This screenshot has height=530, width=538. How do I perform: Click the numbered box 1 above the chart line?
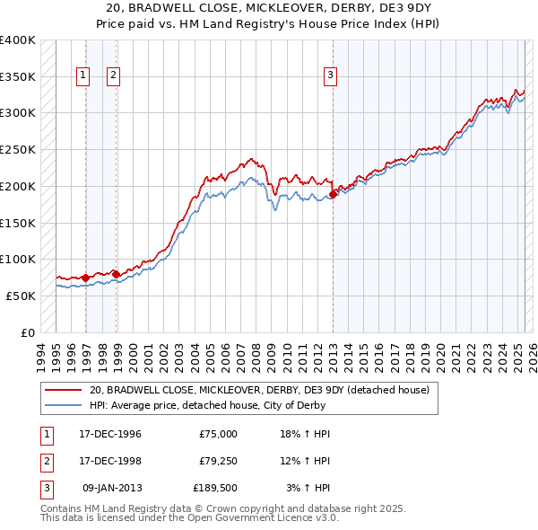pyautogui.click(x=83, y=76)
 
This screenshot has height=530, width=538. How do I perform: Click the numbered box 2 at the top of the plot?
pyautogui.click(x=114, y=76)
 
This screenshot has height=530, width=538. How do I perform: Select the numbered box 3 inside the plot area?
pyautogui.click(x=330, y=76)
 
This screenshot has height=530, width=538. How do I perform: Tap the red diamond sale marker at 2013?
pyautogui.click(x=333, y=193)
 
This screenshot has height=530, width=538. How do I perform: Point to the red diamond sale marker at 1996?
pyautogui.click(x=86, y=278)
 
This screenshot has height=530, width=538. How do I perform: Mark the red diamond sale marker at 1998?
pyautogui.click(x=117, y=274)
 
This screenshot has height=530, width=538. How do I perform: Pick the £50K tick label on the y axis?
pyautogui.click(x=22, y=296)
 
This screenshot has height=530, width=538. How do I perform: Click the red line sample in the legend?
pyautogui.click(x=64, y=390)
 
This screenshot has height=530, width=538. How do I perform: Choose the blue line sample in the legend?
pyautogui.click(x=64, y=405)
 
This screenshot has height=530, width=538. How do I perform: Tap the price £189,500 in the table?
pyautogui.click(x=214, y=488)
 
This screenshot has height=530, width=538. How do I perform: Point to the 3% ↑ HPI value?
pyautogui.click(x=308, y=488)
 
